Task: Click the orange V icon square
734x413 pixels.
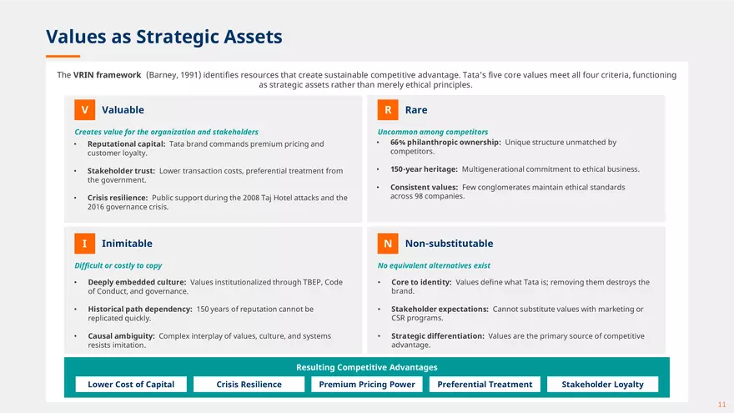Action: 85,109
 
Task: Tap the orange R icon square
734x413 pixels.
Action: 388,109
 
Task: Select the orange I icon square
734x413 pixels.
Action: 85,244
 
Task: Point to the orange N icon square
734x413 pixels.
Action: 388,244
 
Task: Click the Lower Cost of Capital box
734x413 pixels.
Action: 131,385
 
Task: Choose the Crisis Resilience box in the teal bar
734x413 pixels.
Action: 249,385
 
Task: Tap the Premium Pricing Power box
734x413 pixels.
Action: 367,385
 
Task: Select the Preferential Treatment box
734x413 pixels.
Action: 485,385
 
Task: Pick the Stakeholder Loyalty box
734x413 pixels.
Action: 602,385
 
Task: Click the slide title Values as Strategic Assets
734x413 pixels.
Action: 164,37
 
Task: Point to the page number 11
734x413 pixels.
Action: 721,405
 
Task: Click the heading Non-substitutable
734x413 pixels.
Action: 449,244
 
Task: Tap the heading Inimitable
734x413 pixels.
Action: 127,244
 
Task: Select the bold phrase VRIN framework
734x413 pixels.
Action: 108,75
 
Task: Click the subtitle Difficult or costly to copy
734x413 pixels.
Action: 118,265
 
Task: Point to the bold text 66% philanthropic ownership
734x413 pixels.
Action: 445,143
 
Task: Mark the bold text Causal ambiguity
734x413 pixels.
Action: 121,336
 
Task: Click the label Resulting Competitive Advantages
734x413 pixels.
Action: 367,368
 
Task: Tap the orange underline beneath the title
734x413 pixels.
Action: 63,56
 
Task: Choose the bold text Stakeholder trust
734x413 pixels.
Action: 121,171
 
